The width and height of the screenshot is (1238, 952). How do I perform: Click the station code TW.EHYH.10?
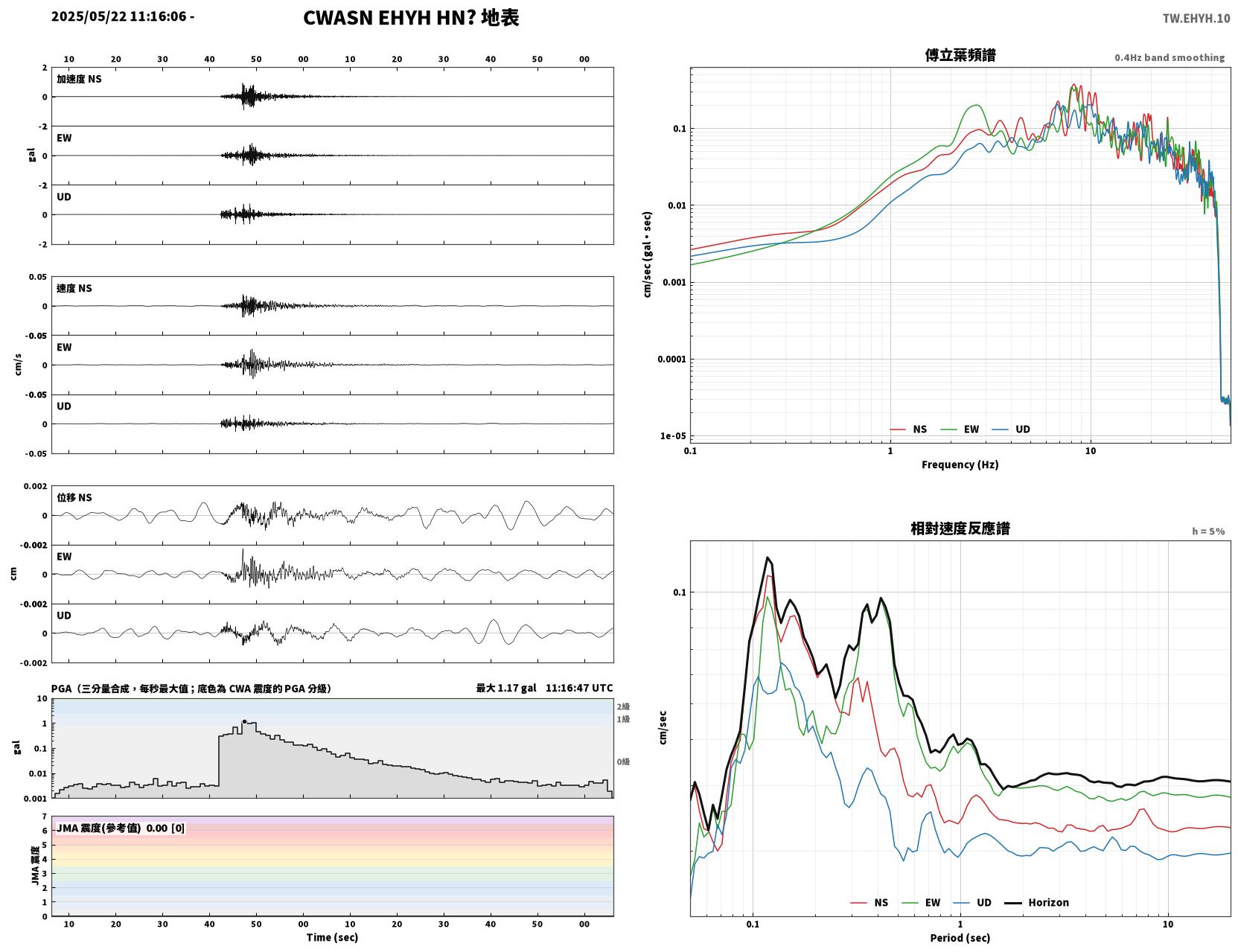point(1196,18)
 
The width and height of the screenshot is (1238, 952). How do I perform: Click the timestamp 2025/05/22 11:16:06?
point(119,16)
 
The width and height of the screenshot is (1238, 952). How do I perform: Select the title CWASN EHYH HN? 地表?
point(411,18)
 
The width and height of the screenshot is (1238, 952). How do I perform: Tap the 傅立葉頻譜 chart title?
point(960,55)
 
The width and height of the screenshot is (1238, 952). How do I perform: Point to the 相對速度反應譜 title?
point(960,528)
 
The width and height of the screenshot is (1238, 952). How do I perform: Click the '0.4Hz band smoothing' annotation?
point(1169,57)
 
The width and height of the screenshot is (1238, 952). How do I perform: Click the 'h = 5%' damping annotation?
point(1207,531)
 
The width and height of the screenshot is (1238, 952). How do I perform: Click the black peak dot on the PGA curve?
point(244,721)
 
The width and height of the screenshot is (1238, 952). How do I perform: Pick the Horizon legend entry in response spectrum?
point(1036,902)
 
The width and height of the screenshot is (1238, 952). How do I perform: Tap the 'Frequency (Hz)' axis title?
point(960,464)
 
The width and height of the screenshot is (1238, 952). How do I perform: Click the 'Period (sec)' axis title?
point(960,938)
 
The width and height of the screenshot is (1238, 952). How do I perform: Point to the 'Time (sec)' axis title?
point(332,937)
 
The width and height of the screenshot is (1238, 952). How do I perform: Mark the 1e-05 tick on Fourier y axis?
point(673,436)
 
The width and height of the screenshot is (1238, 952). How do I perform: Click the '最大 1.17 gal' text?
point(506,688)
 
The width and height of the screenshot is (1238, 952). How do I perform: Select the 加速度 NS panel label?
point(79,79)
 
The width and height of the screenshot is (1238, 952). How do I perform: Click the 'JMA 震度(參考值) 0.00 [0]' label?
point(120,828)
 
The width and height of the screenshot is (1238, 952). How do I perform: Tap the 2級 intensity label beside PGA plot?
point(623,706)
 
